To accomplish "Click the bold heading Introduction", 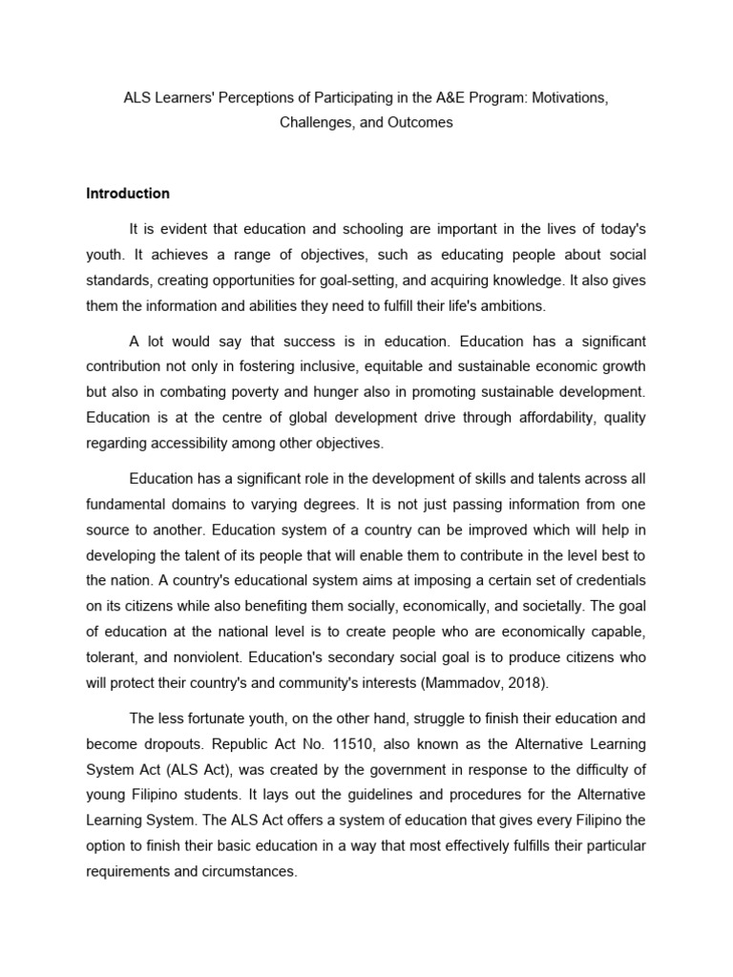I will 128,193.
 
